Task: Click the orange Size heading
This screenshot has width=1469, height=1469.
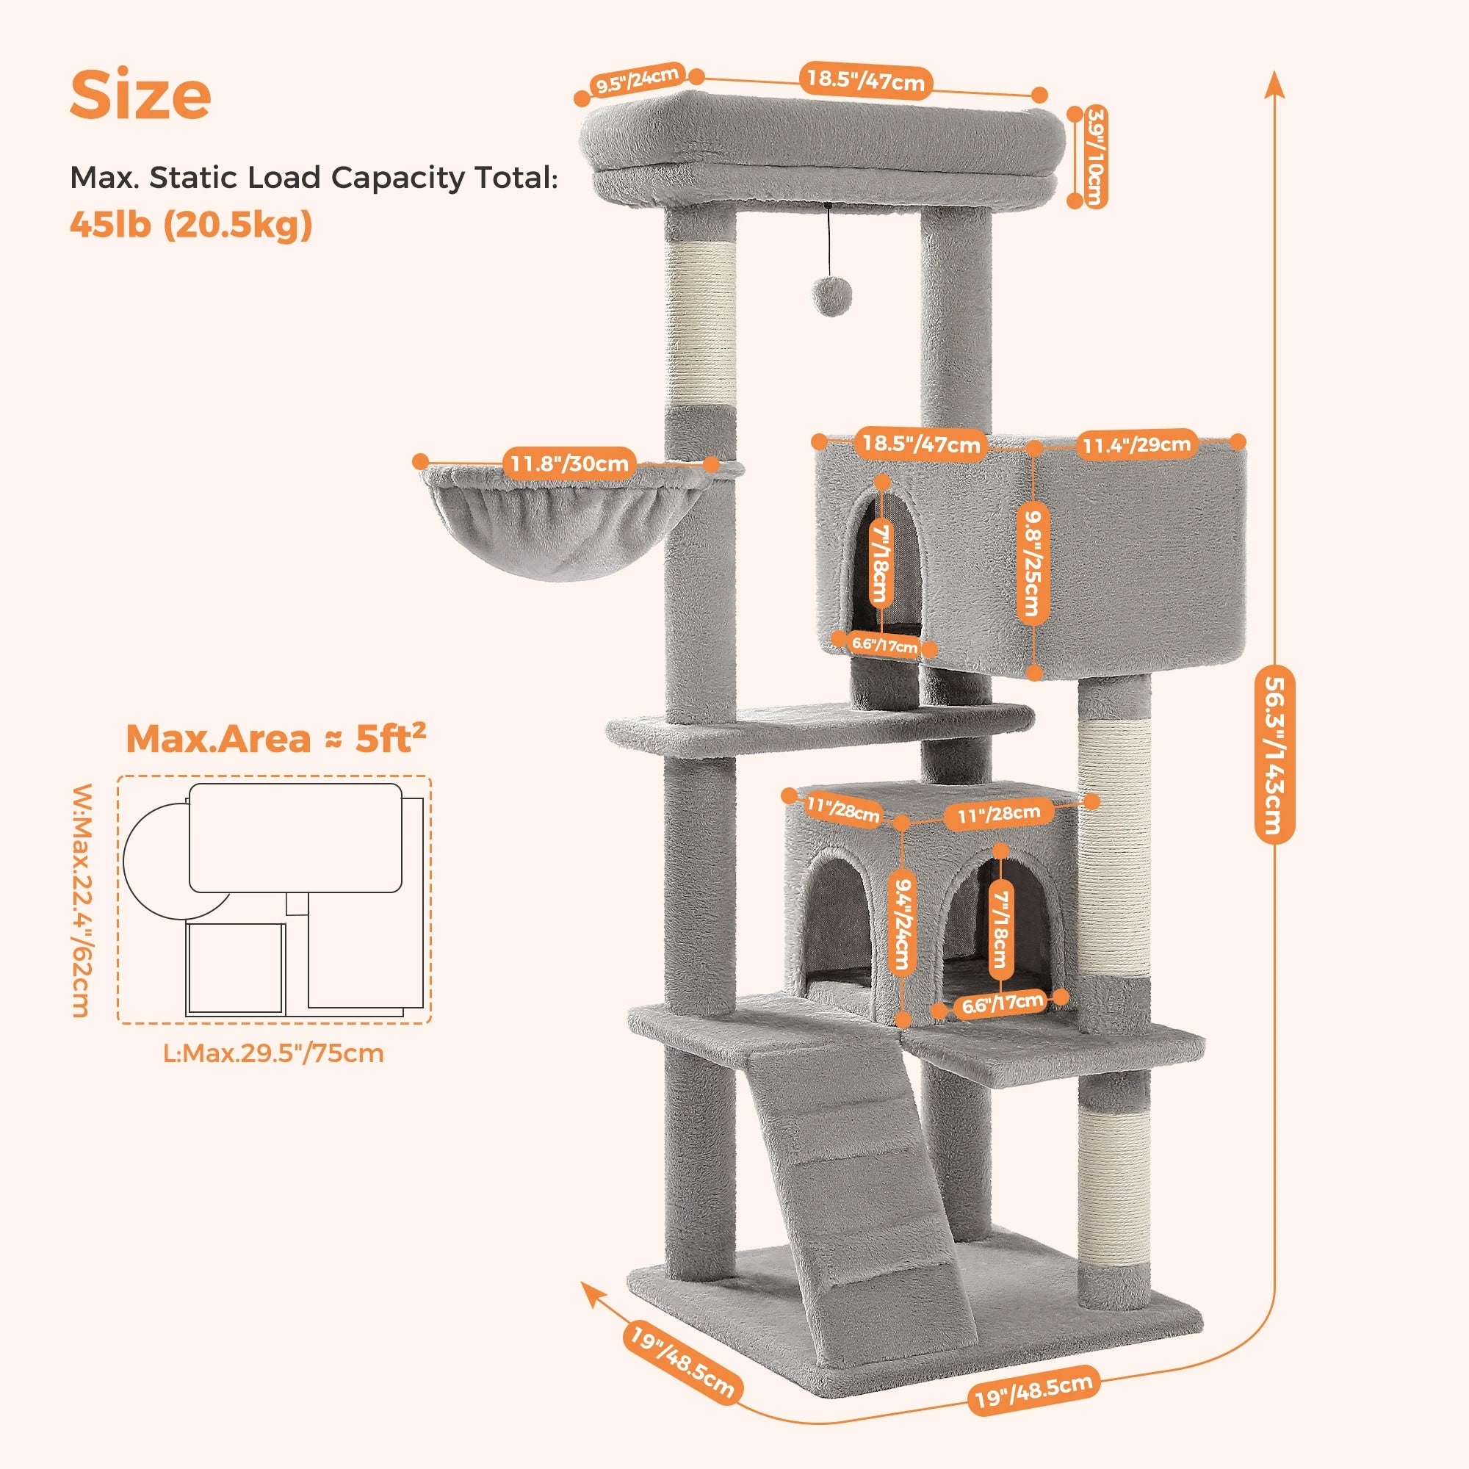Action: pos(141,95)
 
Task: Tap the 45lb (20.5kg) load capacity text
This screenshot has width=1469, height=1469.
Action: pos(191,224)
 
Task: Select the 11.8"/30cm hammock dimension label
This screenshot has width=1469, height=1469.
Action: pos(569,463)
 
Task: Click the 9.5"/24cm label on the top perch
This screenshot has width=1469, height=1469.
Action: pos(637,80)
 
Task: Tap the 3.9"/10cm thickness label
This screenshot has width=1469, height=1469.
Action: pos(1095,156)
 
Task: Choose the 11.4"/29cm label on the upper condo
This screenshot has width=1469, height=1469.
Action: pos(1137,444)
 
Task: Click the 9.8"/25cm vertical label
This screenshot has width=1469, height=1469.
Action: pos(1033,563)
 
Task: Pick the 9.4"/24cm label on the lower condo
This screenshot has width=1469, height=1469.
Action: pos(903,923)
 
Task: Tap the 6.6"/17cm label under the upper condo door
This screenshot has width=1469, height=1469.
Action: pos(884,646)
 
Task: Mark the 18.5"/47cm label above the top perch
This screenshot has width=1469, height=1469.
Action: pos(865,80)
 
